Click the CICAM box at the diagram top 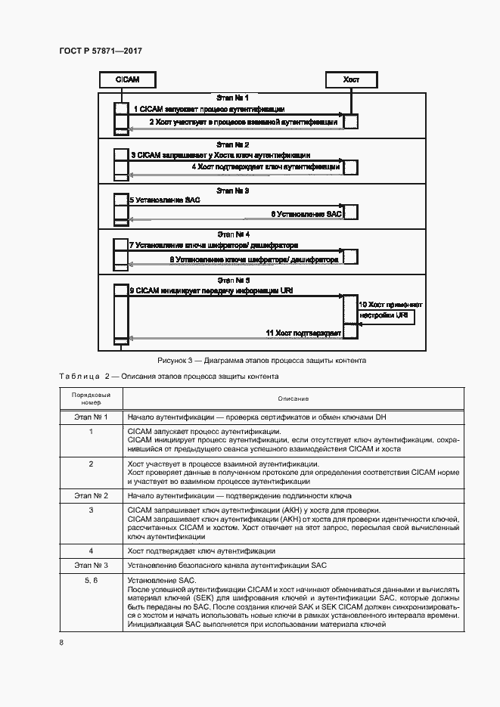pyautogui.click(x=118, y=79)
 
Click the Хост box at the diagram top pyautogui.click(x=352, y=79)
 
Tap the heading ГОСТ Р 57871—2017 pyautogui.click(x=100, y=51)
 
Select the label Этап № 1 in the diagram pyautogui.click(x=232, y=98)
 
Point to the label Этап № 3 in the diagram pyautogui.click(x=232, y=191)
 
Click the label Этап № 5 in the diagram pyautogui.click(x=232, y=281)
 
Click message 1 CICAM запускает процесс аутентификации pyautogui.click(x=210, y=109)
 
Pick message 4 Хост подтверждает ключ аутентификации pyautogui.click(x=265, y=166)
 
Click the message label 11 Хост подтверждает pyautogui.click(x=303, y=333)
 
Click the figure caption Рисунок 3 pyautogui.click(x=261, y=361)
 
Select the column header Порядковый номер pyautogui.click(x=91, y=399)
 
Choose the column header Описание pyautogui.click(x=293, y=399)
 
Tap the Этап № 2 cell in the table pyautogui.click(x=91, y=495)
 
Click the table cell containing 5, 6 pyautogui.click(x=91, y=579)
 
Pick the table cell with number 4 pyautogui.click(x=91, y=551)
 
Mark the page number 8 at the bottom pyautogui.click(x=61, y=643)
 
